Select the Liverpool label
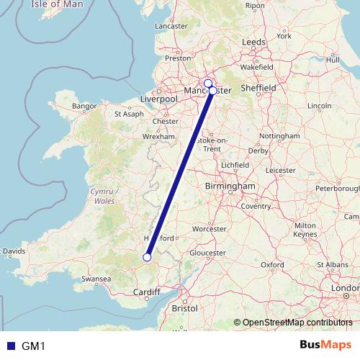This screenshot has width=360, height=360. pyautogui.click(x=158, y=98)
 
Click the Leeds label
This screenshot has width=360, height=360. pyautogui.click(x=253, y=42)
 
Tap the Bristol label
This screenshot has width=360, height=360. pyautogui.click(x=185, y=308)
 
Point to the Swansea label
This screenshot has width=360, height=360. pyautogui.click(x=96, y=277)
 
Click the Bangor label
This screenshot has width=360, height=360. pyautogui.click(x=84, y=107)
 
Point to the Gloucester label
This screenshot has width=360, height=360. pyautogui.click(x=208, y=253)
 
